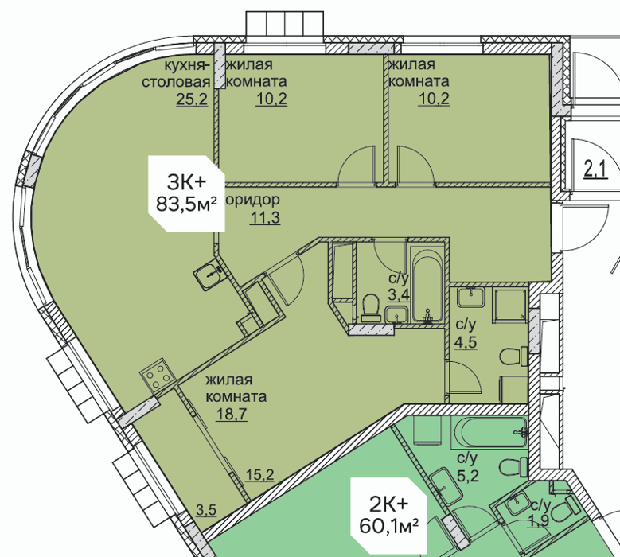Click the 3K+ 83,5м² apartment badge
pos(186,193)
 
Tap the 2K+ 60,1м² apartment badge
pos(389,516)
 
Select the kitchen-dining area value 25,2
pos(192,99)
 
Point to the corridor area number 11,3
pos(265,217)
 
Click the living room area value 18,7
pos(232,414)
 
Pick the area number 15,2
pos(259,474)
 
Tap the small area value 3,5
pos(206,510)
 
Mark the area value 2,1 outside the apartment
pos(596,170)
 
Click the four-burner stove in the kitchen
pos(157,375)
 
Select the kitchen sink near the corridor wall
pos(208,273)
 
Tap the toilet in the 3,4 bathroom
pos(371,307)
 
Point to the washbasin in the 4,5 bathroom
pos(470,298)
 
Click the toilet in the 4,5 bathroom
pos(513,356)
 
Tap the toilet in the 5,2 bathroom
pos(513,467)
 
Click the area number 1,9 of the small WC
pos(540,521)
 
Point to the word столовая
pos(176,82)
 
